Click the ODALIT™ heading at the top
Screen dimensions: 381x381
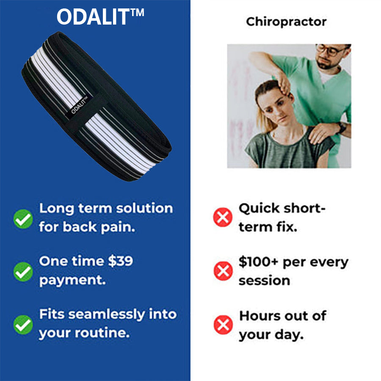coord(100,17)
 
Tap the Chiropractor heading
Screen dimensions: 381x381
coord(286,22)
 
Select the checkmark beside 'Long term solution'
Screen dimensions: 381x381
coord(23,219)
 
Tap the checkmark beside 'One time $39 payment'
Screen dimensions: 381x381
coord(23,271)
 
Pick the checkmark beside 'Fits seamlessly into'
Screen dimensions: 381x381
coord(23,325)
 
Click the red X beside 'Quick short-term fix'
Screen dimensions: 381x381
coord(223,218)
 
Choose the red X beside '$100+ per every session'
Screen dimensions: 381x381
coord(223,271)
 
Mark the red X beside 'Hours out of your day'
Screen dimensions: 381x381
coord(223,325)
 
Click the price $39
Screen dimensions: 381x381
coord(121,261)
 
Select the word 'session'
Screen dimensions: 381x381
coord(264,281)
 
